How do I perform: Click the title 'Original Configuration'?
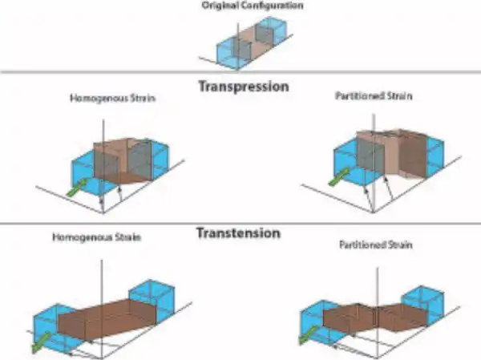pos(253,6)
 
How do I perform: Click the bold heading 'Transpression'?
pos(244,87)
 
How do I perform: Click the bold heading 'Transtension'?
pos(238,233)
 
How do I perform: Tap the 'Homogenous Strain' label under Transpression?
pos(112,98)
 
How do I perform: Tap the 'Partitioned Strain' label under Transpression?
pos(374,96)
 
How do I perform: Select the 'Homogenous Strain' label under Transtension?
pos(97,237)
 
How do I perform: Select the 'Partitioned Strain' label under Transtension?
pos(376,245)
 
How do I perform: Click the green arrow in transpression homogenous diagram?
pos(77,188)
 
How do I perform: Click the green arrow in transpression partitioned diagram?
pos(338,177)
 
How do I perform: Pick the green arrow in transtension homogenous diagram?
pos(41,342)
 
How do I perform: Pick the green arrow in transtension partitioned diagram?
pos(308,335)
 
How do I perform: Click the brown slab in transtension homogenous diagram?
pos(107,318)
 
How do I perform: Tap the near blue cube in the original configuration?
pos(228,54)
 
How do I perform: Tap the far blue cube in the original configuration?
pos(273,30)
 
